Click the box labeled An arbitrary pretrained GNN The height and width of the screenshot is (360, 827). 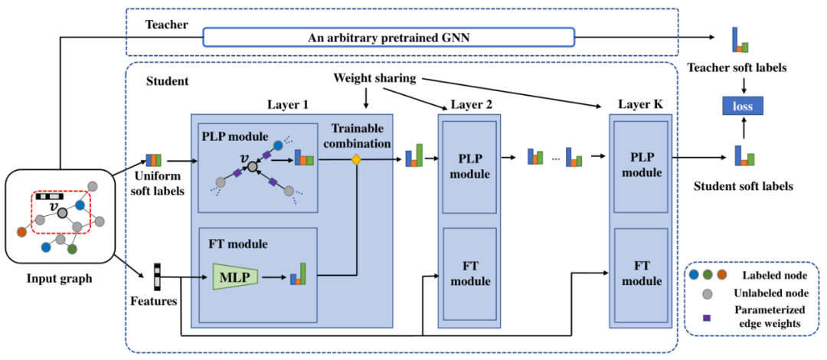(389, 38)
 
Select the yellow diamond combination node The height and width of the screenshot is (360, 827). (355, 160)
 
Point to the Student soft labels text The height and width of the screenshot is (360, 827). (742, 186)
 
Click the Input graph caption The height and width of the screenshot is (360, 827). (58, 279)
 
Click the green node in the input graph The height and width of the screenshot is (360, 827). (72, 249)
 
